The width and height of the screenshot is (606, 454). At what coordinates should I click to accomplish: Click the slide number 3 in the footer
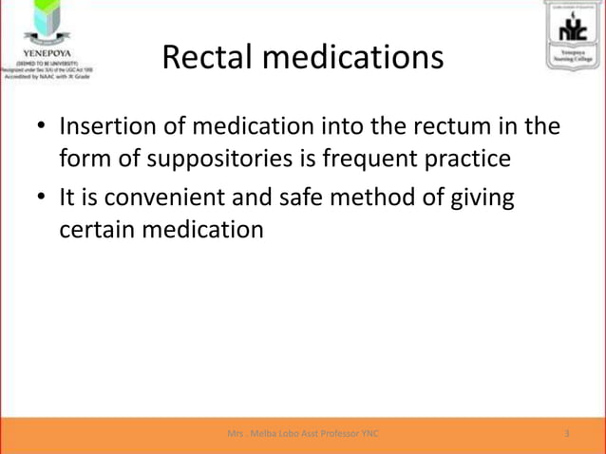pos(566,433)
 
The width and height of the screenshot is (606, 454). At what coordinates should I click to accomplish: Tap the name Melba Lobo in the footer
pos(275,433)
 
